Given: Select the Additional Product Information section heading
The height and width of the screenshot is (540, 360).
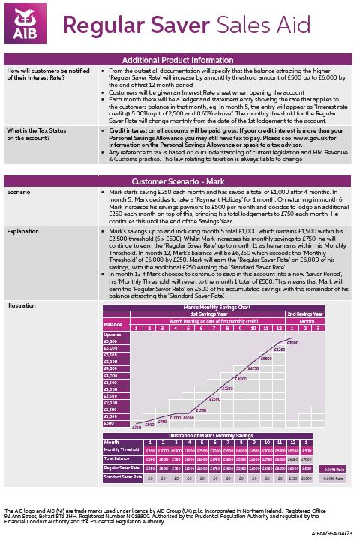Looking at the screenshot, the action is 180,61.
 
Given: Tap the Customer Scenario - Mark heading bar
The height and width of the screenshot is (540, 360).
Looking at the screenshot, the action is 180,181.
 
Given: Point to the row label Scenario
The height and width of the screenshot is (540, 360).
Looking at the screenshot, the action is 19,193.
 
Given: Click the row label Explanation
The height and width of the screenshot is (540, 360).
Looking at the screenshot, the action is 23,232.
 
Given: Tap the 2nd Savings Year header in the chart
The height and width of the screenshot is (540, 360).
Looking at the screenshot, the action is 305,314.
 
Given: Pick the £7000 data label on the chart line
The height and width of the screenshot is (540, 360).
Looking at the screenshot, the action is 292,342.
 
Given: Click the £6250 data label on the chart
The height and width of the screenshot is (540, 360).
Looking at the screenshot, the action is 279,349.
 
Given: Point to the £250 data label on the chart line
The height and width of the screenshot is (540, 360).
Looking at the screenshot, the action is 136,427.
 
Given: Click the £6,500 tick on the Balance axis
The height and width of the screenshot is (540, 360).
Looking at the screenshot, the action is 112,341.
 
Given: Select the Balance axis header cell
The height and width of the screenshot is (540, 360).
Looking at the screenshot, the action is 112,324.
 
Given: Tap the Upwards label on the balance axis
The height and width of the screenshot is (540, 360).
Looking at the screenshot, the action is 112,334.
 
